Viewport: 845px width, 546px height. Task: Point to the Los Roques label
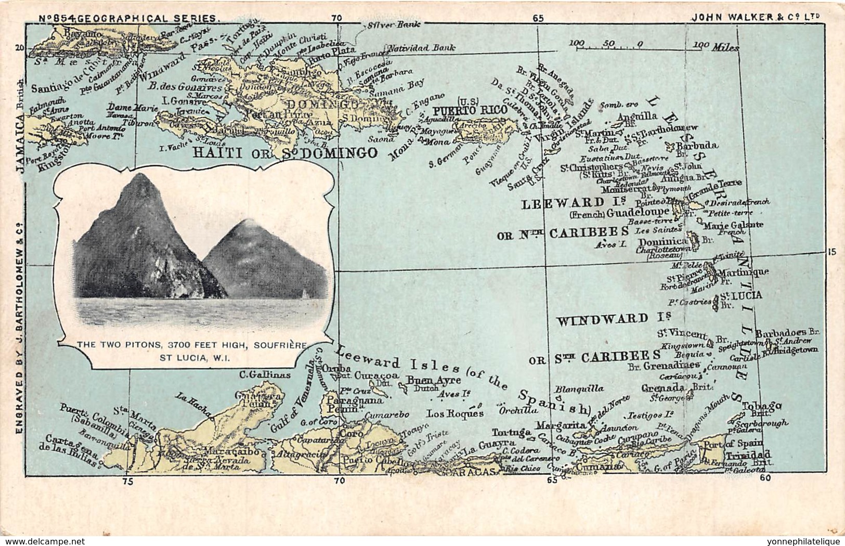tap(455, 413)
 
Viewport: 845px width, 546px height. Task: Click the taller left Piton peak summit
tap(138, 177)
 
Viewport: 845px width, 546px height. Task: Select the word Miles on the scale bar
tap(725, 47)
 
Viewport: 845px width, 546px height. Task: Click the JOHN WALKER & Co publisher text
tap(756, 17)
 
